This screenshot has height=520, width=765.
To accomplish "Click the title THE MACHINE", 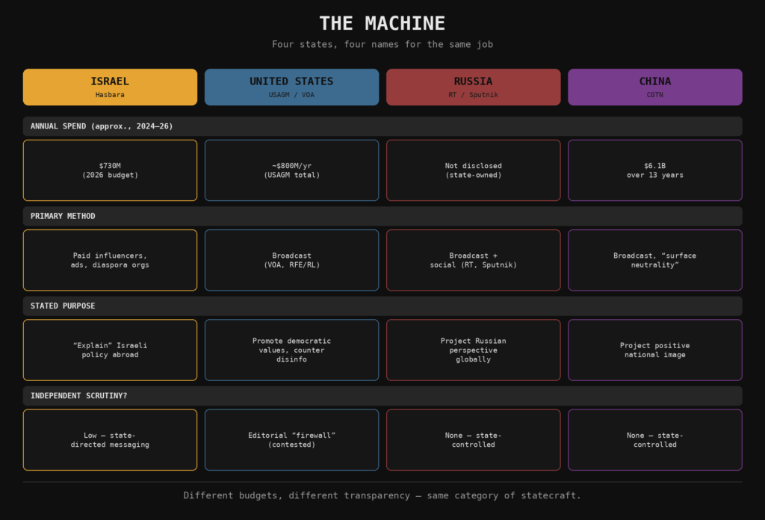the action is pos(382,23).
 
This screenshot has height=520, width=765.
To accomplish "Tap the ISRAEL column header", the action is pos(110,87).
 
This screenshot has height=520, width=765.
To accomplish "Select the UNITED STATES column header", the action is pos(292,87).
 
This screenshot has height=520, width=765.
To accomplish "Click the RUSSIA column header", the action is pos(473,87).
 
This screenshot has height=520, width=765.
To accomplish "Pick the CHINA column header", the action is pos(654,87).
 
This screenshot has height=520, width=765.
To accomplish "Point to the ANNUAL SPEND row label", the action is pos(102,126).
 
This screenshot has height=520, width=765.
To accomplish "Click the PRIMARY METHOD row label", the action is pos(63,216).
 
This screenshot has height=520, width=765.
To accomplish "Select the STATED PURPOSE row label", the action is pos(63,306).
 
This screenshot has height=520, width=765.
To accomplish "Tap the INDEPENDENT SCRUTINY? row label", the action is pos(78,396).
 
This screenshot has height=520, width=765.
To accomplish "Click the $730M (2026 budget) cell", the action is pos(110,170).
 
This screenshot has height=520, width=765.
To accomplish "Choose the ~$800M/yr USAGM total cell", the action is pos(292,170).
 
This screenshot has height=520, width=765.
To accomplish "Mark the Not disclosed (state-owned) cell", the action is pos(473,170).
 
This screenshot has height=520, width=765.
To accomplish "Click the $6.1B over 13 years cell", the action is pos(654,170).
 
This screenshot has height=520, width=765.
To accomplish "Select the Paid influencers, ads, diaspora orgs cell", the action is pos(110,260).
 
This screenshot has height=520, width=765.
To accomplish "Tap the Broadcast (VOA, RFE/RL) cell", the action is pos(292,260).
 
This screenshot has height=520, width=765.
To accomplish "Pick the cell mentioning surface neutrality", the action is pos(654,260).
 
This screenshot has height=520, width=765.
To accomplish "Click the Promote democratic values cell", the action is pos(292,350).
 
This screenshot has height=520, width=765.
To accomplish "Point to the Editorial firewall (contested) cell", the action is pos(292,439).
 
